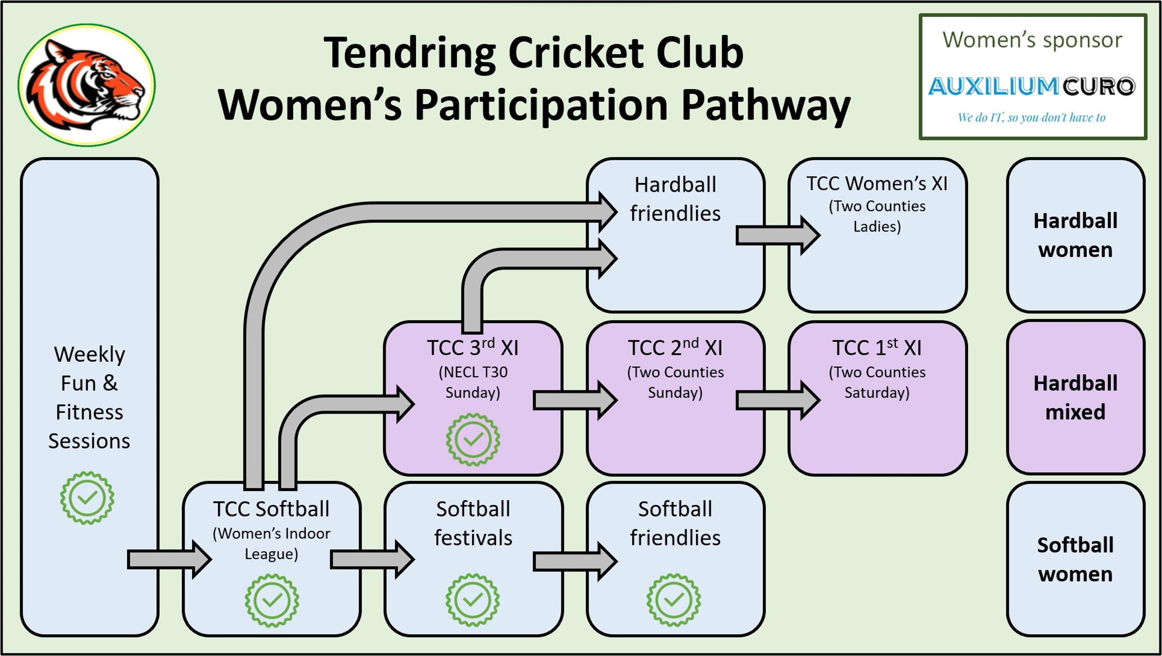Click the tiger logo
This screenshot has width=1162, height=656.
pyautogui.click(x=87, y=85)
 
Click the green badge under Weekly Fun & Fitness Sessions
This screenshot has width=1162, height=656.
pyautogui.click(x=87, y=498)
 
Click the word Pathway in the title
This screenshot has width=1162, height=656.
pyautogui.click(x=766, y=105)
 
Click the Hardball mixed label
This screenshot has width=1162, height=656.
pyautogui.click(x=1075, y=398)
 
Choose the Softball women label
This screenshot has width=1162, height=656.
pyautogui.click(x=1075, y=560)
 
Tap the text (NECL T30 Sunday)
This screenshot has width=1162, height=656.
pyautogui.click(x=473, y=382)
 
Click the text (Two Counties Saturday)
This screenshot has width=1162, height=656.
pyautogui.click(x=877, y=382)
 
